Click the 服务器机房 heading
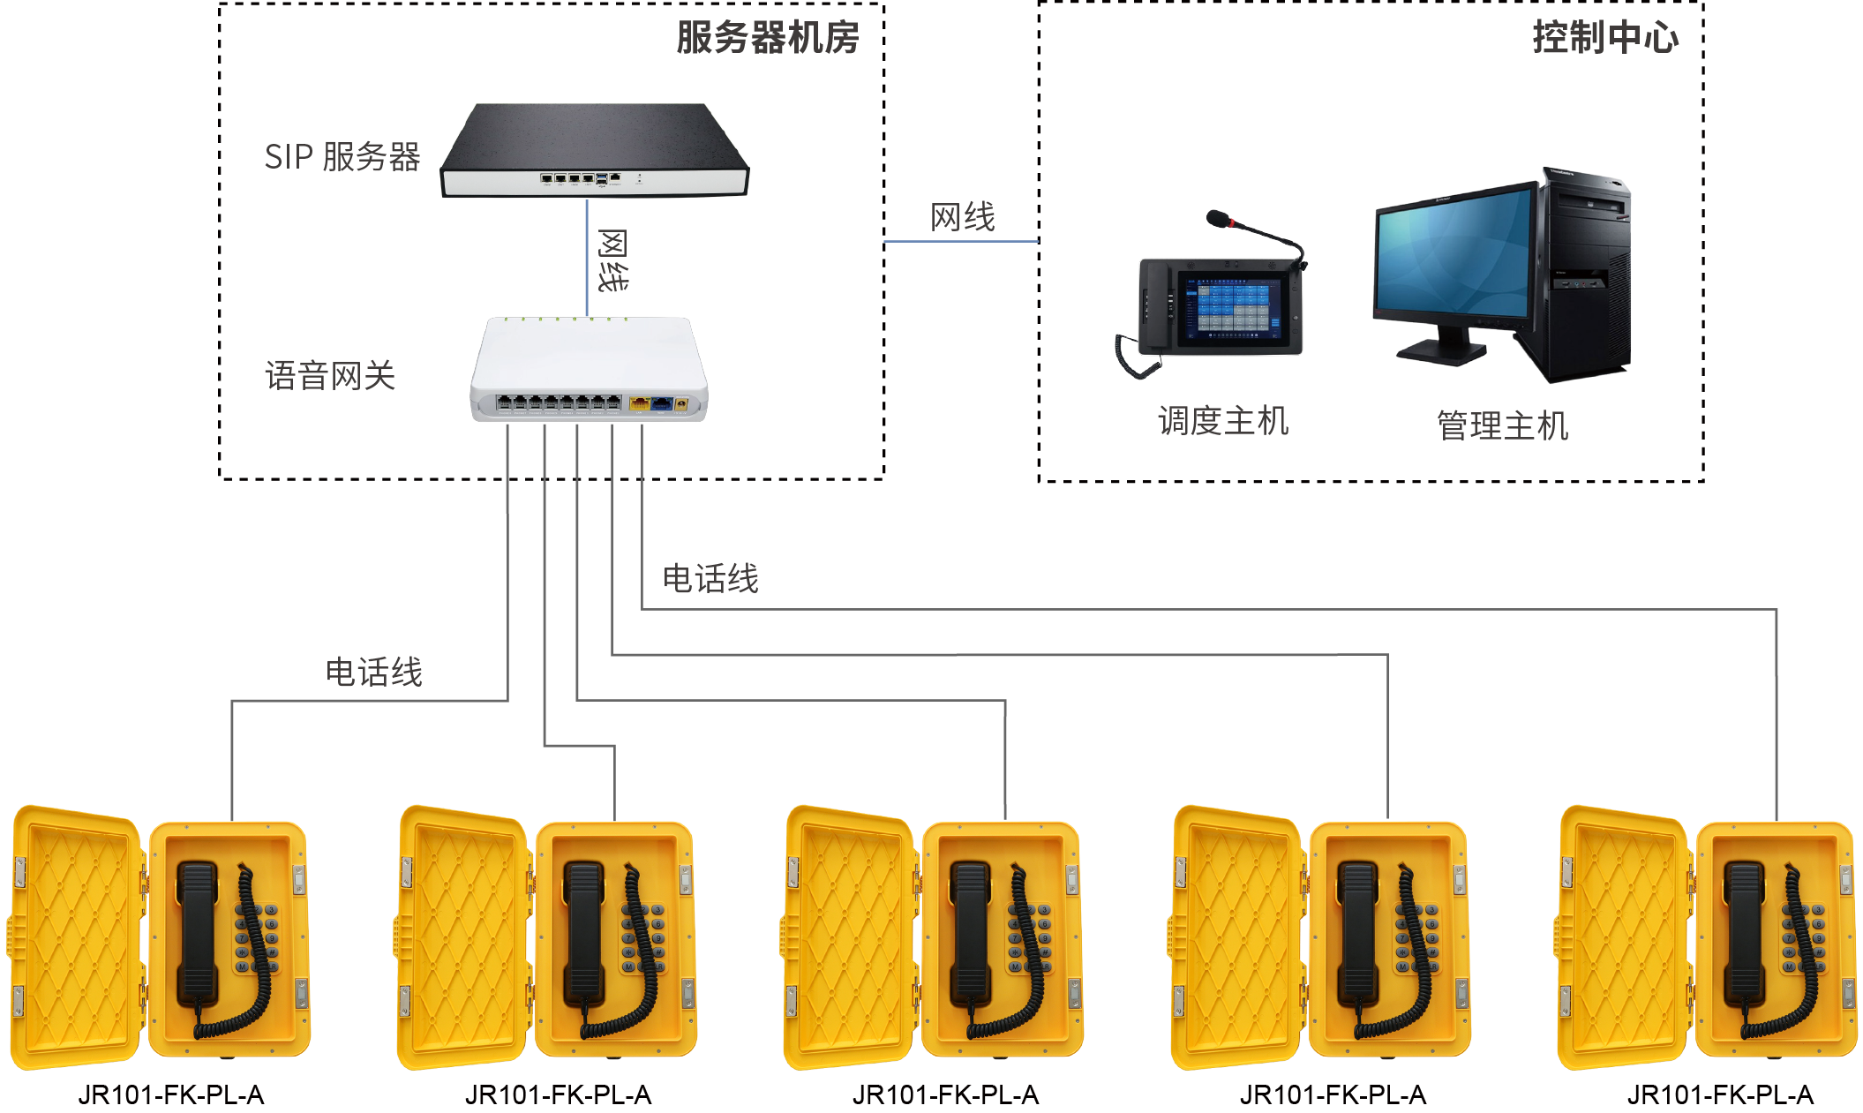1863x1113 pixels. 767,38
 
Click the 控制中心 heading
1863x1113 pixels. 1604,38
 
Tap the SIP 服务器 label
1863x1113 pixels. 342,157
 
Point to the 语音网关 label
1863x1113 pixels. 330,376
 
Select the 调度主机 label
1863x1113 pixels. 1223,421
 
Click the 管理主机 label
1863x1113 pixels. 1502,425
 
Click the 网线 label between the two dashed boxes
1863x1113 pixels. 962,217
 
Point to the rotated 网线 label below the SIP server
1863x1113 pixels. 612,260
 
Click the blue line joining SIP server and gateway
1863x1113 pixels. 587,256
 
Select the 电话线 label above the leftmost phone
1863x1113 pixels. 374,673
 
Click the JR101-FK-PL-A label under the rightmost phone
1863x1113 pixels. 1720,1095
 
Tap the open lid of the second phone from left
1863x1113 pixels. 461,936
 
